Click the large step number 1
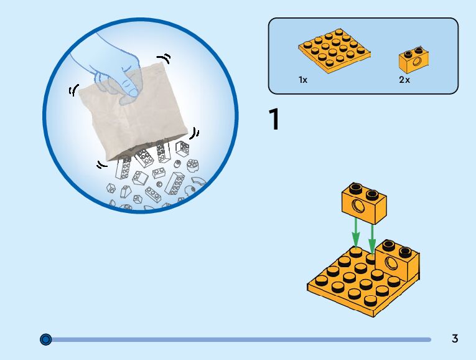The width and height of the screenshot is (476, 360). point(274,120)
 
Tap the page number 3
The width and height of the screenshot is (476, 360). point(455,339)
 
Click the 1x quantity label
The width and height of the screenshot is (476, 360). point(302,80)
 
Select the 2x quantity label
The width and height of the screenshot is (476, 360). point(404,80)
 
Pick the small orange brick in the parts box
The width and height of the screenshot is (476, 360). point(415,59)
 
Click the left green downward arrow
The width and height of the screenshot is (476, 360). point(355,233)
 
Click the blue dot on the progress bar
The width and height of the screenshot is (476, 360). point(45,339)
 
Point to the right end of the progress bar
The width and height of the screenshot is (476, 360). point(429,339)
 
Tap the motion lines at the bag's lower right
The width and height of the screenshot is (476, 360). point(195,133)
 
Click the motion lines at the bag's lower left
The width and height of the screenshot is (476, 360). point(101,165)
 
